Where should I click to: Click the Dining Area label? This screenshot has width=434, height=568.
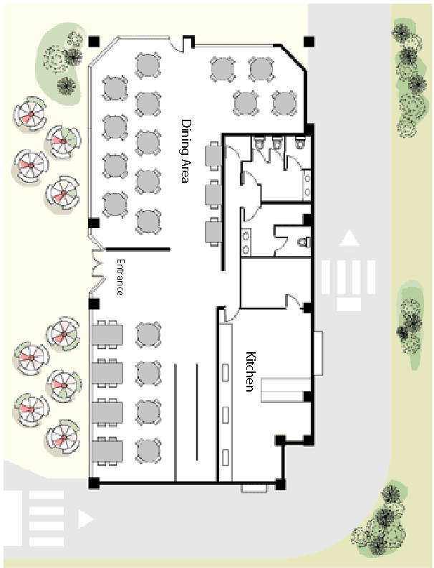click(x=185, y=151)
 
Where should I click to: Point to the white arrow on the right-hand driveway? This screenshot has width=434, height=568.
click(x=349, y=239)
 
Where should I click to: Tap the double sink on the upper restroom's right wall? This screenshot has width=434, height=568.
click(x=307, y=182)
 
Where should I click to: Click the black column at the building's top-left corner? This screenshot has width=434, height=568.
click(x=93, y=40)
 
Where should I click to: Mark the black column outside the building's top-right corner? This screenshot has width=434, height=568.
click(x=308, y=41)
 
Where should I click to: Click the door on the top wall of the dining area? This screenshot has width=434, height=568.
click(x=188, y=43)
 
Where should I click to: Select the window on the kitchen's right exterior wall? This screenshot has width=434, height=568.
click(x=319, y=353)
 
